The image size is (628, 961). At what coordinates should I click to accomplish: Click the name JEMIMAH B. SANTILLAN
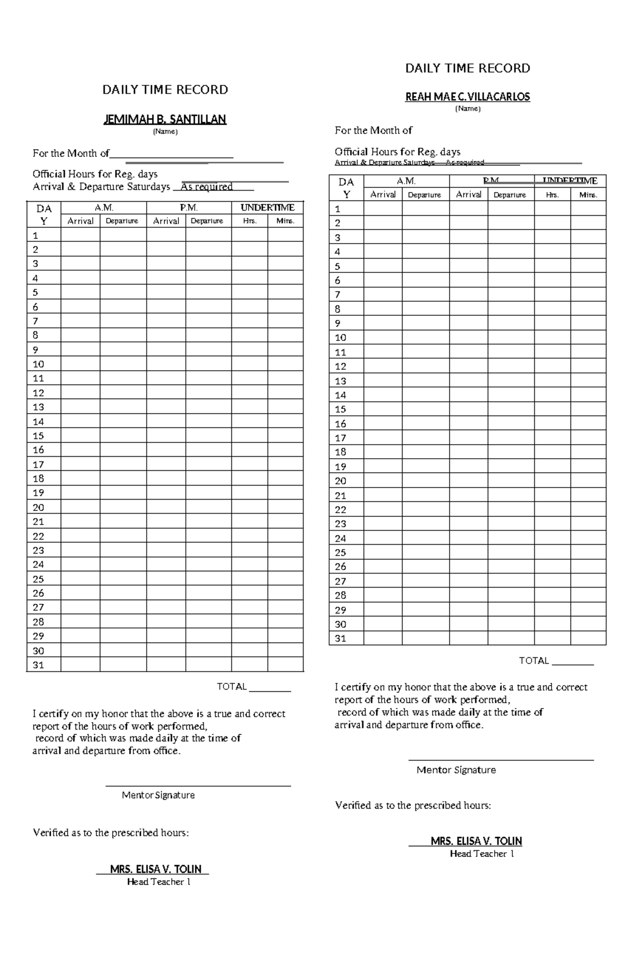pyautogui.click(x=165, y=119)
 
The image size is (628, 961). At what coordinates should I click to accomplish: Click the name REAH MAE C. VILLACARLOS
pyautogui.click(x=468, y=97)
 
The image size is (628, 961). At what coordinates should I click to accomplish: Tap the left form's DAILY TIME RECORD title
pyautogui.click(x=165, y=90)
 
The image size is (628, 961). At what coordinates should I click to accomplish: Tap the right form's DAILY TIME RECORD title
pyautogui.click(x=468, y=68)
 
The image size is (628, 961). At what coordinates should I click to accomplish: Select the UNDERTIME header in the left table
pyautogui.click(x=267, y=208)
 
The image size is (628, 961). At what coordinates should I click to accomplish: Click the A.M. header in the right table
pyautogui.click(x=406, y=181)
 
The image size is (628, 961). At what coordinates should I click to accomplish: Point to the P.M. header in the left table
pyautogui.click(x=188, y=208)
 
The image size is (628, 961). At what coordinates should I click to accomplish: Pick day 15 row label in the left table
pyautogui.click(x=38, y=436)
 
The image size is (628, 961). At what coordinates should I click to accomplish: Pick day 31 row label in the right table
pyautogui.click(x=341, y=638)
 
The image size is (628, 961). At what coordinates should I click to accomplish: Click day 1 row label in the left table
pyautogui.click(x=36, y=235)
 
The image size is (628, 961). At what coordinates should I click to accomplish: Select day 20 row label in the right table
pyautogui.click(x=341, y=481)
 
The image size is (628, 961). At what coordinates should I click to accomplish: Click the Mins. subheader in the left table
pyautogui.click(x=285, y=221)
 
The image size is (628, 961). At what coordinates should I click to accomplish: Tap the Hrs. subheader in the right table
pyautogui.click(x=552, y=195)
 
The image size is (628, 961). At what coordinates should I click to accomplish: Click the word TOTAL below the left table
pyautogui.click(x=232, y=687)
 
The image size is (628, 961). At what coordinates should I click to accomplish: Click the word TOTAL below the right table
pyautogui.click(x=534, y=660)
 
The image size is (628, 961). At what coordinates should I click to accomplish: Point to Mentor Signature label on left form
pyautogui.click(x=158, y=795)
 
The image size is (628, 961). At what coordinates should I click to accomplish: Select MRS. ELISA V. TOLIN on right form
pyautogui.click(x=476, y=841)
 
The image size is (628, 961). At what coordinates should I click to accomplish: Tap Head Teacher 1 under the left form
pyautogui.click(x=159, y=882)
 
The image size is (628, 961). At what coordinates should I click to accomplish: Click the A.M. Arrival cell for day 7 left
pyautogui.click(x=80, y=321)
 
